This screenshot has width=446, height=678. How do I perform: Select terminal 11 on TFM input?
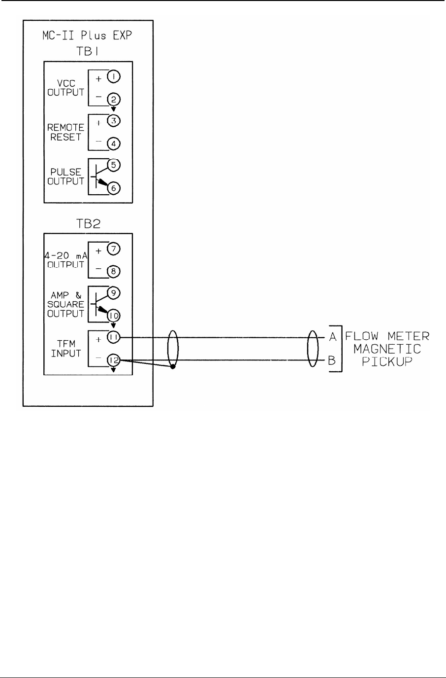113,338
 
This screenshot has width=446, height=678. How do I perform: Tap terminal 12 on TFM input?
113,360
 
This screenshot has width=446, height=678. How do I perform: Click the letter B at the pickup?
332,360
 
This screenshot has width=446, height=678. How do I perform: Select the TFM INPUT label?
65,349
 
